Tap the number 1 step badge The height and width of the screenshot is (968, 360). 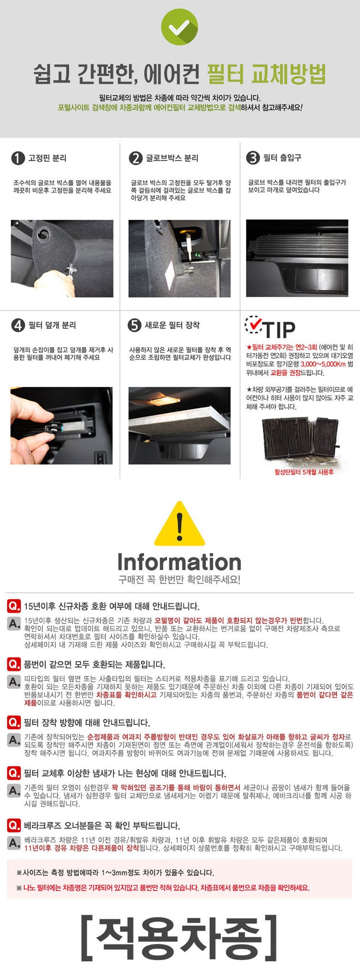click(x=18, y=158)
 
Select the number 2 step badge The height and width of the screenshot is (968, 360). click(x=136, y=158)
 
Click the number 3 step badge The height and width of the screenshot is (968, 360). click(x=253, y=158)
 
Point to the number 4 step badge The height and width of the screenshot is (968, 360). click(x=18, y=325)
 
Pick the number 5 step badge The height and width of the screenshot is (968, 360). click(x=134, y=325)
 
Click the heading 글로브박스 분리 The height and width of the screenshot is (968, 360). click(x=172, y=158)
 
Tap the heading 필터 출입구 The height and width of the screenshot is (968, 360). click(x=282, y=158)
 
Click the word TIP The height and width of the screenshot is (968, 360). click(x=280, y=330)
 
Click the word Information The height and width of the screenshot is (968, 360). click(x=180, y=562)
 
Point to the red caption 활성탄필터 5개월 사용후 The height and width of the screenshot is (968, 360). click(x=304, y=472)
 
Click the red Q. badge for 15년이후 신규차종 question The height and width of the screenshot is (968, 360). click(x=14, y=606)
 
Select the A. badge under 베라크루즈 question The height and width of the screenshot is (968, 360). click(x=14, y=843)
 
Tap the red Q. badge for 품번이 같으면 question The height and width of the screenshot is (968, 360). click(x=14, y=664)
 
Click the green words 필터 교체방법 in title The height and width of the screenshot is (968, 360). click(x=266, y=74)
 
